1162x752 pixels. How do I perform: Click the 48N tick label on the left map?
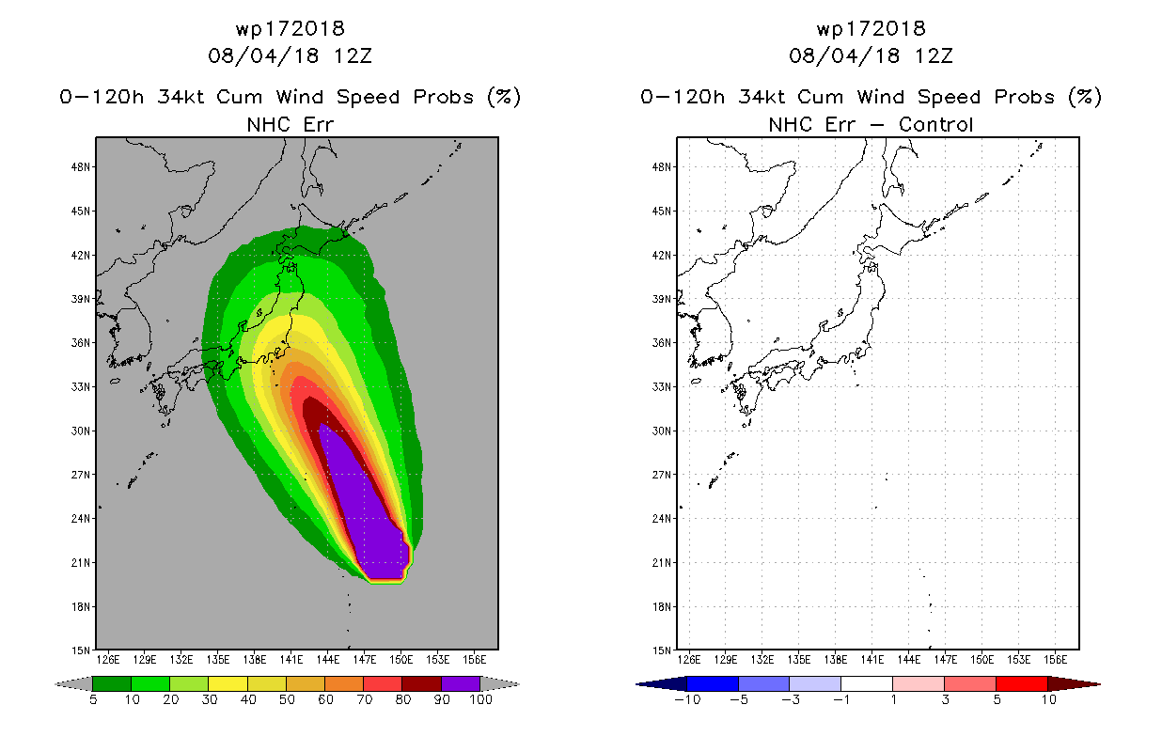tap(81, 167)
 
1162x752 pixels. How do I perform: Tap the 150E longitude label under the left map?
tap(401, 660)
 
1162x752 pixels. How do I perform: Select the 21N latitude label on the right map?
tap(662, 563)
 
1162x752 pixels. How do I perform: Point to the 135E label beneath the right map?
tap(799, 660)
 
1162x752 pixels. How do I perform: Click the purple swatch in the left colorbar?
tap(461, 683)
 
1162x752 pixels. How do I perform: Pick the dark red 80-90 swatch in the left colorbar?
tap(422, 683)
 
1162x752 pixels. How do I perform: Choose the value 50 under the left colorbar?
tap(287, 699)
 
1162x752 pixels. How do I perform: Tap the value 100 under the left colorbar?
tap(481, 699)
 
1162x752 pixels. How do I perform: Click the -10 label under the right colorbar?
tap(687, 699)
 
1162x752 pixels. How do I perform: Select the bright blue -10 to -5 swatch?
tap(713, 683)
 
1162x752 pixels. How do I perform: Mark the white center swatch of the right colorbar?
tap(867, 683)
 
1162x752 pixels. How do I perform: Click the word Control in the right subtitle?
tap(935, 125)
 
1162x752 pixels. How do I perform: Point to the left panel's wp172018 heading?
tap(290, 29)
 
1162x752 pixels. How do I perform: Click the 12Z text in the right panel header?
tap(934, 56)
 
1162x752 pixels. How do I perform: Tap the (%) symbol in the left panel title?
tap(504, 97)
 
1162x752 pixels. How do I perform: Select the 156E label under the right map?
tap(1055, 660)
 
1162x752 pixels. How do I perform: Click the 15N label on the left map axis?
tap(81, 650)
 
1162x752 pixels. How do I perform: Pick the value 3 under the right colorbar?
tap(945, 699)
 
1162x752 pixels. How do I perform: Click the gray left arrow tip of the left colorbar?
tap(55, 684)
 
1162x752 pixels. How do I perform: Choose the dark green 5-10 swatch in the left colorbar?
tap(112, 683)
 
